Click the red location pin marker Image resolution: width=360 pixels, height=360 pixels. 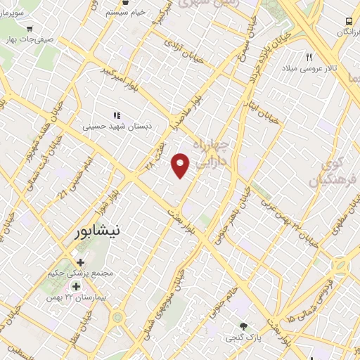coord(181,165)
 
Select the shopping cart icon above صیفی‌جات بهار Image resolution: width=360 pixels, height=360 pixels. coord(29,28)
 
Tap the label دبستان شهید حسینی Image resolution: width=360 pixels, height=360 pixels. coord(117,127)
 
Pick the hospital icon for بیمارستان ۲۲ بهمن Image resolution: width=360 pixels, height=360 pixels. coord(75,288)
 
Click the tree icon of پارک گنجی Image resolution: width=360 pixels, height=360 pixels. coord(244,326)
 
